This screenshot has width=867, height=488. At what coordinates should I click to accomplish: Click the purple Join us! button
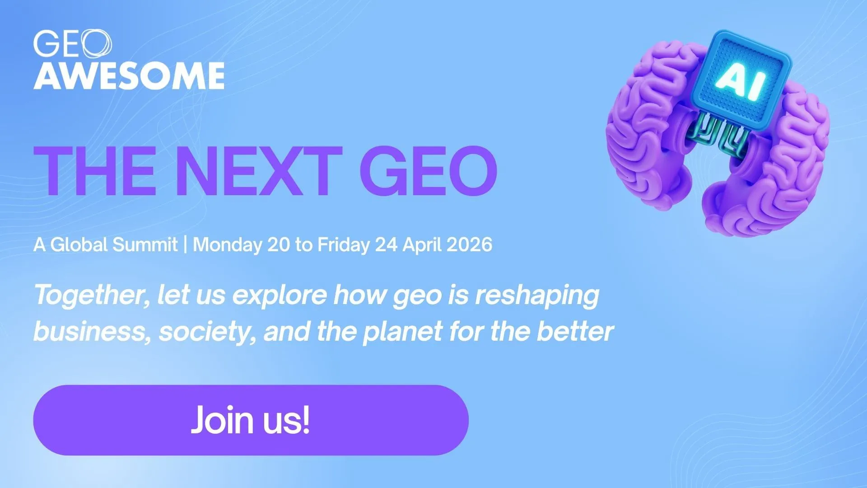[x=251, y=420]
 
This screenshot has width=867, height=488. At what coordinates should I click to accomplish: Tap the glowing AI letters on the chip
[x=741, y=83]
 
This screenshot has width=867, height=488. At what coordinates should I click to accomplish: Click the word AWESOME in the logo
[x=129, y=75]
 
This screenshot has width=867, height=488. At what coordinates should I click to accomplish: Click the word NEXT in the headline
[x=258, y=172]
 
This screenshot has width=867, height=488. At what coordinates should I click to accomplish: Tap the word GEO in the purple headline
[x=429, y=172]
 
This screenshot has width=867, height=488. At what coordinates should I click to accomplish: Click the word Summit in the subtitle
[x=145, y=244]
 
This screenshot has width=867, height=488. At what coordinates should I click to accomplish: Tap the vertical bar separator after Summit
[x=185, y=244]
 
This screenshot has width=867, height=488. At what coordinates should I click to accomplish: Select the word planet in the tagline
[x=403, y=332]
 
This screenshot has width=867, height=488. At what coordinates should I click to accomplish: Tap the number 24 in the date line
[x=386, y=244]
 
